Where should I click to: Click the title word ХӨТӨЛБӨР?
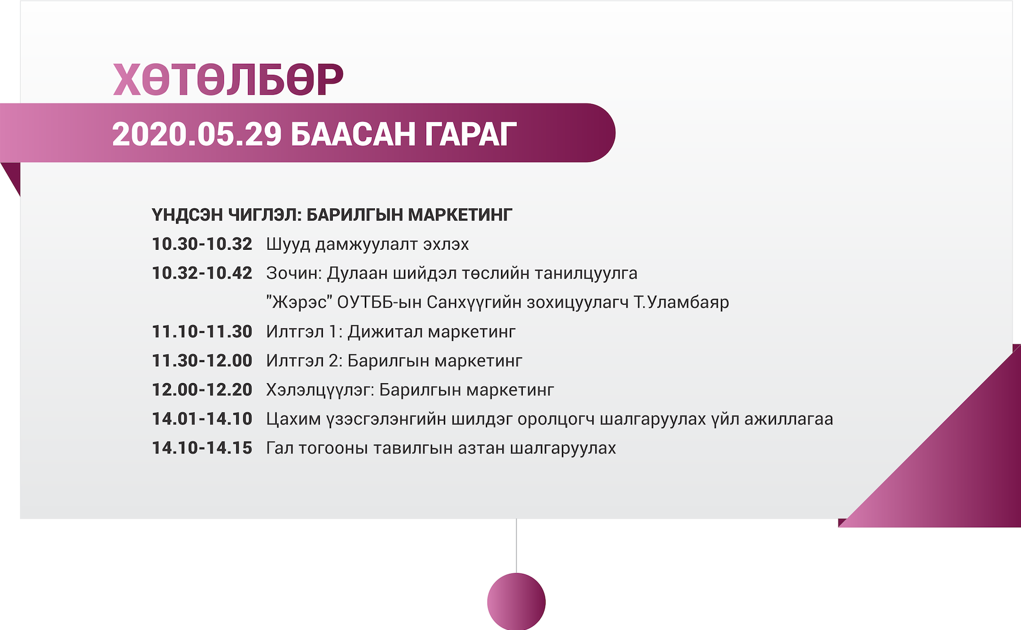228,80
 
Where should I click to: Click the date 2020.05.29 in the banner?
197,134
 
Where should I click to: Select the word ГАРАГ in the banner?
471,134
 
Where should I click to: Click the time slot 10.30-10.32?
202,244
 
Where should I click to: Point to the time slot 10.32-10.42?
202,273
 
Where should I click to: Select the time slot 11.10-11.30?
202,332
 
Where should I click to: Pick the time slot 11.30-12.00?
202,360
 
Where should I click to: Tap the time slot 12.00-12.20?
202,390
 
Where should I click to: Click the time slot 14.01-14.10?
202,419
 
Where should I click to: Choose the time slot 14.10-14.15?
202,448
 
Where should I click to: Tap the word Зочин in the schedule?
294,273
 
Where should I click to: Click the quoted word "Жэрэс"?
299,302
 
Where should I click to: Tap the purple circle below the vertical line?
516,601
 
